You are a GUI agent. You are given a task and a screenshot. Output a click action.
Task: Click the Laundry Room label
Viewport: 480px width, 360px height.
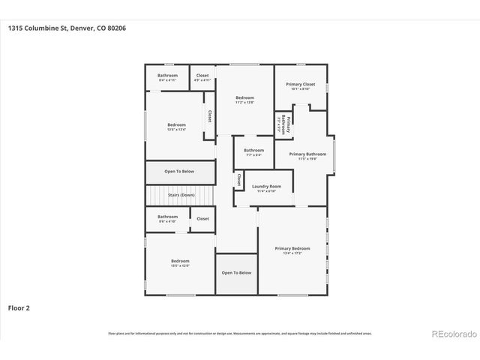click(266, 186)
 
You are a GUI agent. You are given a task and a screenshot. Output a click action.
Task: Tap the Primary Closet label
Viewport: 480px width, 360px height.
click(300, 85)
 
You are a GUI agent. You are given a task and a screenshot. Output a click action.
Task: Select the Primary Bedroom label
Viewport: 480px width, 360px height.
click(292, 248)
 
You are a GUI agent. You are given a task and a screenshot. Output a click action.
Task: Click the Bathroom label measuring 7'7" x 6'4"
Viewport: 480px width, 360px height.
click(253, 150)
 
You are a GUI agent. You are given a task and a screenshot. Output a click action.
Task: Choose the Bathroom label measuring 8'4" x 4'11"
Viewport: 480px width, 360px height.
click(167, 75)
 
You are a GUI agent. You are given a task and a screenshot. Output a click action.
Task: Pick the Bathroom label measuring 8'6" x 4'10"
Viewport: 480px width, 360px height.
click(167, 217)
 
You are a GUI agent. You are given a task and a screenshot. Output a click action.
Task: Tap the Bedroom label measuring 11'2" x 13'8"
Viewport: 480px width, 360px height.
click(244, 98)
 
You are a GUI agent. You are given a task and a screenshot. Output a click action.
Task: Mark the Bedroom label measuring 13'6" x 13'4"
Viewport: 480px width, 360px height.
click(176, 124)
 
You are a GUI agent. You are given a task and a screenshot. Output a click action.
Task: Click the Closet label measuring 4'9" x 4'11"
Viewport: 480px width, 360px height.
click(202, 75)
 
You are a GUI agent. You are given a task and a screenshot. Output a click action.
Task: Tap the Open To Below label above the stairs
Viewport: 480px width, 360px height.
click(179, 171)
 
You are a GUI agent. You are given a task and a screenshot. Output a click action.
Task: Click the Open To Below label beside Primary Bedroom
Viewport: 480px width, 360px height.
click(236, 272)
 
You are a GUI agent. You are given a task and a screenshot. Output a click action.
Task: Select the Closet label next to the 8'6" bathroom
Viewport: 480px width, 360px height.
click(202, 218)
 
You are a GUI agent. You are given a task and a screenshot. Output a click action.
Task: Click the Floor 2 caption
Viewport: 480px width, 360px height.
click(19, 307)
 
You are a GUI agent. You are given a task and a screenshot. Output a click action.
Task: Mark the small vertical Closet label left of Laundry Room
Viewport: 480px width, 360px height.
click(238, 180)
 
